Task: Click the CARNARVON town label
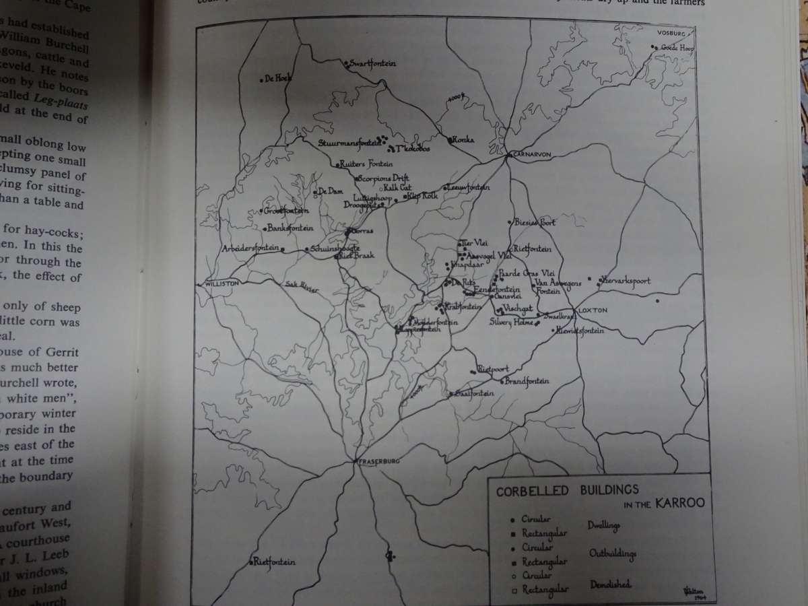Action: [532, 154]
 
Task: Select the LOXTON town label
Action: [593, 310]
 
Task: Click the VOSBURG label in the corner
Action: [671, 33]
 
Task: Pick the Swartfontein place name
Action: [372, 63]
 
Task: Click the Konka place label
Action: [464, 140]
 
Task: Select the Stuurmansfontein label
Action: [346, 142]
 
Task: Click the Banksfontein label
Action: [291, 228]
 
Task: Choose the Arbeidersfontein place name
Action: [250, 248]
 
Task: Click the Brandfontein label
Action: [527, 381]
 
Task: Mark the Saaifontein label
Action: [475, 393]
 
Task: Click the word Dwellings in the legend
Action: [603, 525]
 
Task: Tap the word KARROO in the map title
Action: [681, 504]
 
